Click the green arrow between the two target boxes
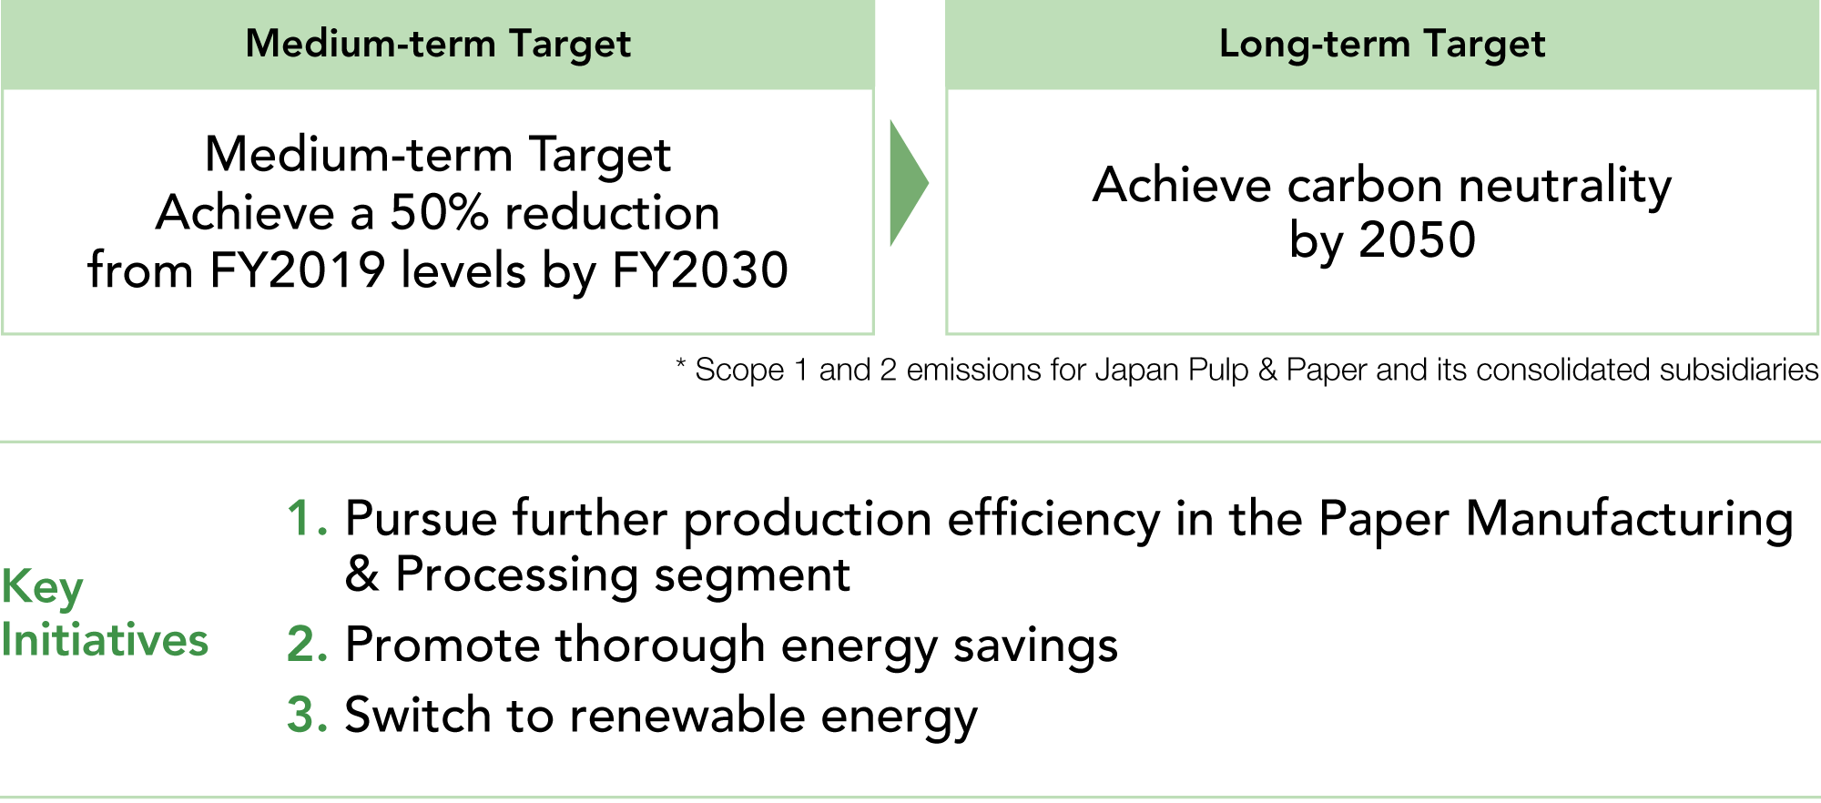(908, 183)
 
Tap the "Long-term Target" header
(1382, 45)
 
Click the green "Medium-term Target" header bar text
(438, 45)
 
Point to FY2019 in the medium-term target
(298, 270)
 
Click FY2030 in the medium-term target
(700, 270)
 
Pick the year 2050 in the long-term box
(1417, 240)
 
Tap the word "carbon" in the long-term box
(1365, 186)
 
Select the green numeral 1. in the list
(307, 519)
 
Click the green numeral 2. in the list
(307, 645)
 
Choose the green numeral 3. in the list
(307, 715)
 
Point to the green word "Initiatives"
(105, 640)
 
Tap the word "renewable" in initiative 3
(687, 715)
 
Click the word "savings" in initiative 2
(1035, 647)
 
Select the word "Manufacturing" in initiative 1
(1629, 522)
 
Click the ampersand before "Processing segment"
(361, 574)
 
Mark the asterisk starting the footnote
(680, 364)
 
